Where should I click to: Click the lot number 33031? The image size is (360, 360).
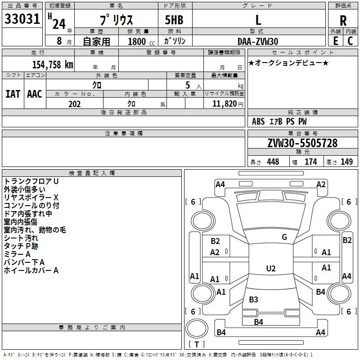click(22, 19)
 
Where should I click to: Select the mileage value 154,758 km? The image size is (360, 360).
click(53, 65)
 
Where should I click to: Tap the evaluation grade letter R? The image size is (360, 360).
click(343, 21)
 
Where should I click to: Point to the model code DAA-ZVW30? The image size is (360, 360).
click(258, 41)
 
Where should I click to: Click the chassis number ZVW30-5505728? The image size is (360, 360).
click(302, 143)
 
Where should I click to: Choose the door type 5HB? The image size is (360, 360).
click(174, 20)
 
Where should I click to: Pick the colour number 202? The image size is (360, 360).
click(74, 104)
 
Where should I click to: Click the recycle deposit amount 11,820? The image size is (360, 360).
click(224, 104)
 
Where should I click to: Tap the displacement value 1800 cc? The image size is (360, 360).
click(141, 42)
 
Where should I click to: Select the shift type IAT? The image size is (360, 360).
click(13, 94)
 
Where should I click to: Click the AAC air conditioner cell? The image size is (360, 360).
click(35, 94)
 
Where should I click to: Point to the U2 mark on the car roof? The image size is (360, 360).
click(271, 268)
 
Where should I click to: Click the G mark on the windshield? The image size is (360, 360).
click(284, 237)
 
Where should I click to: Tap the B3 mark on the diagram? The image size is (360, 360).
click(253, 299)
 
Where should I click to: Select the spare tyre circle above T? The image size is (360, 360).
click(197, 328)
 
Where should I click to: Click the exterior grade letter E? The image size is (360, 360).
click(336, 41)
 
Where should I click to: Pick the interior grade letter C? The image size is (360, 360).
click(350, 41)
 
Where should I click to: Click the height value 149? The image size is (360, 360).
click(346, 162)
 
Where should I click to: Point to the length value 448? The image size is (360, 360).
click(273, 162)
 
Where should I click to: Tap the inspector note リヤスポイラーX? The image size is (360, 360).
click(31, 198)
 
